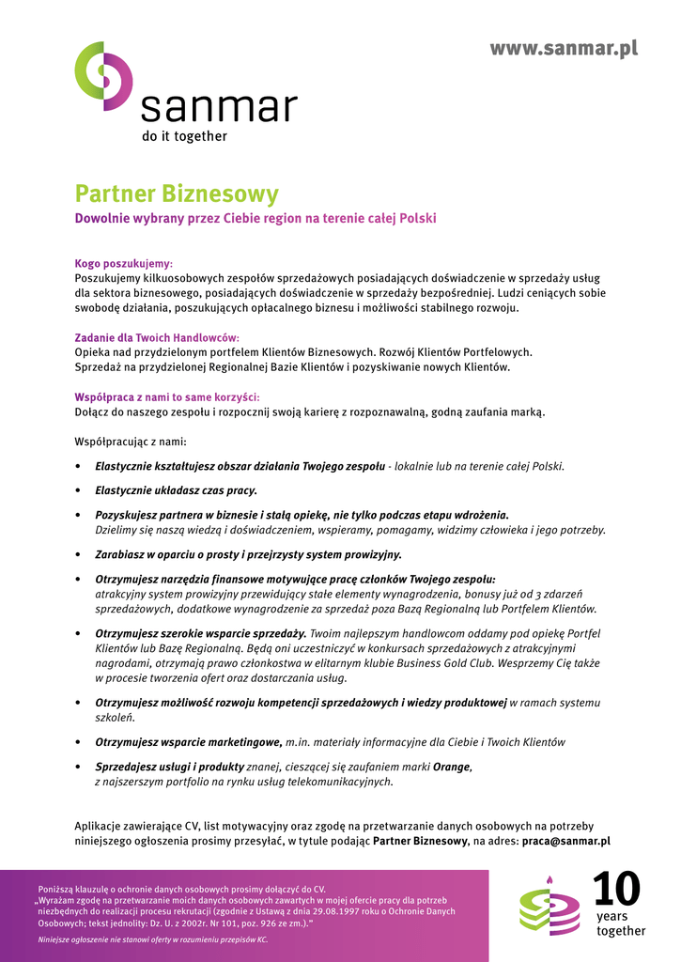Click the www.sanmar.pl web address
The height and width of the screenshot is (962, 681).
coord(563,49)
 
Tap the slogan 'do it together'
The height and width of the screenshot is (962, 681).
coord(184,136)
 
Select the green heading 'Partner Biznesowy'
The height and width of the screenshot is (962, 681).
coord(177,194)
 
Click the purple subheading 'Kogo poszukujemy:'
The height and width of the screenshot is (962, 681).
coord(123,264)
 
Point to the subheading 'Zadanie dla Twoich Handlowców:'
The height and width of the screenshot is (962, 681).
coord(157,337)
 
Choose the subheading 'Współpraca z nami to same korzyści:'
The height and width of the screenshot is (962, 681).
coord(167,397)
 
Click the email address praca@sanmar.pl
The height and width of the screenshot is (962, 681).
coord(565,842)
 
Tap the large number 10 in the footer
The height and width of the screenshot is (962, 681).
coord(616,891)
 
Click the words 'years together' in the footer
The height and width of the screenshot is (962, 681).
coord(621,923)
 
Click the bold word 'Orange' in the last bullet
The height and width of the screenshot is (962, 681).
coord(451,767)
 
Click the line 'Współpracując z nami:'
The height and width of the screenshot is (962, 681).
coord(131,442)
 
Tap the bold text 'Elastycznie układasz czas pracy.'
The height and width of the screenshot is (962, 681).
coord(176,490)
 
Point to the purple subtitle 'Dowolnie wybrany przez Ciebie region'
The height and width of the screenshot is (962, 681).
coord(255,219)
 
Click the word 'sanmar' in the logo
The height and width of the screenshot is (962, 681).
coord(219,108)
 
